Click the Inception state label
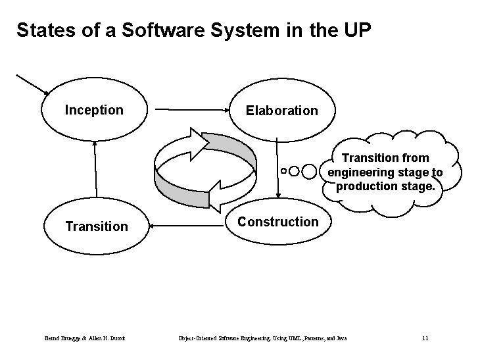[94, 110]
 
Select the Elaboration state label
[281, 111]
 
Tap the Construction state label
[277, 222]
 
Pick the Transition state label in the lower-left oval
[97, 226]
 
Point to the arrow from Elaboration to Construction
[277, 168]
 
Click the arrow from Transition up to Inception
[95, 168]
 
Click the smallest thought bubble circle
[283, 171]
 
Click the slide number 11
[425, 338]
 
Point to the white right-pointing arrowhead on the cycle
[198, 140]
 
